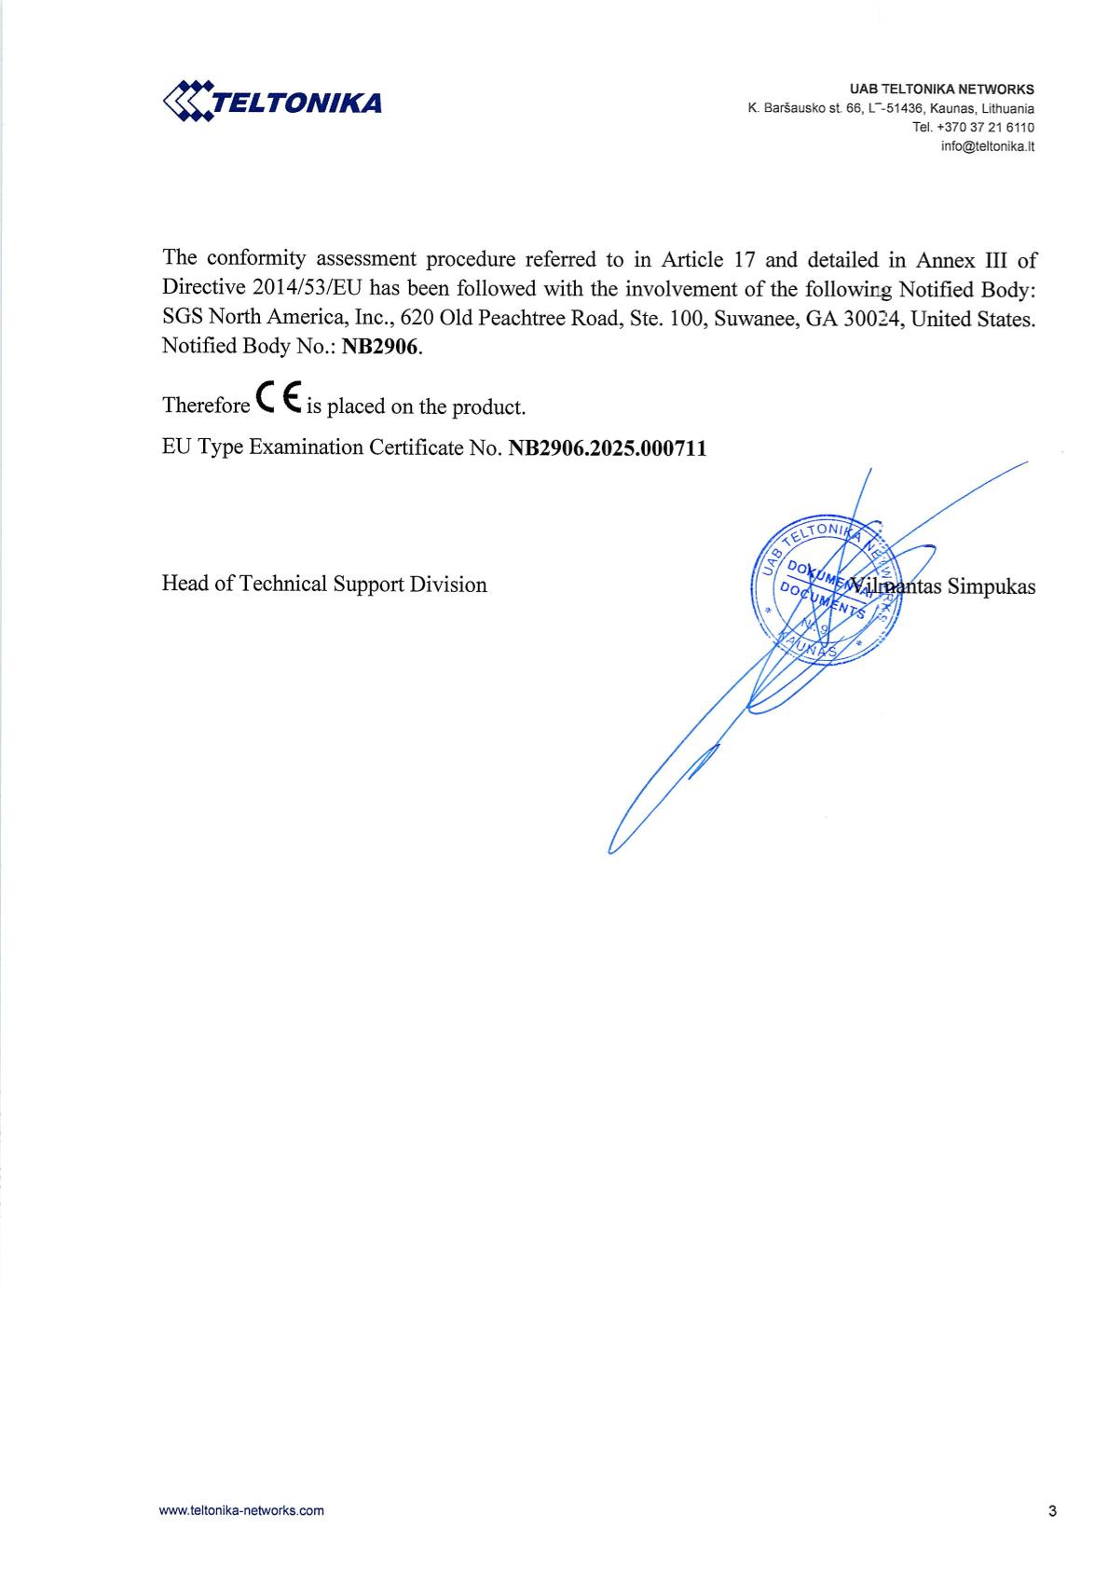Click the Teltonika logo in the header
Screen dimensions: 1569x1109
pos(272,101)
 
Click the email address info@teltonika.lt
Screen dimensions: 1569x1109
pos(987,146)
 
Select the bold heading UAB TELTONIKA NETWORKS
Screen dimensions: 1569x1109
pos(941,89)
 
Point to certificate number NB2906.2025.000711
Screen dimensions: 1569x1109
pos(607,448)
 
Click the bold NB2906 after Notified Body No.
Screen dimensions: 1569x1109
pos(381,347)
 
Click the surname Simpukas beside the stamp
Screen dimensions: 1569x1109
pos(991,587)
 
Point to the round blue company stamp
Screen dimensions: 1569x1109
pos(825,589)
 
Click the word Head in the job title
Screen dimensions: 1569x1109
pos(182,585)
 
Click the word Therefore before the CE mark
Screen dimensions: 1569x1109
pos(205,406)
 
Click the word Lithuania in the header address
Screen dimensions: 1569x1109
pos(1007,109)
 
